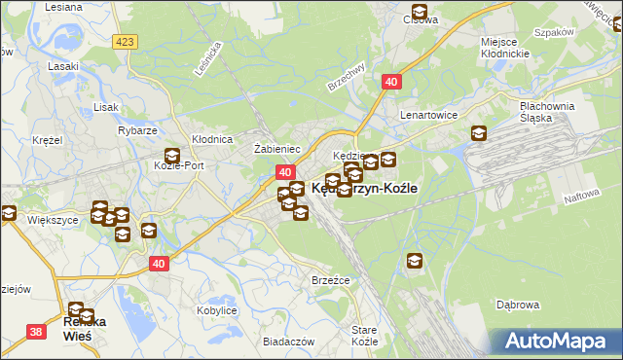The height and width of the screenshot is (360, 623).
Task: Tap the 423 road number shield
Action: tap(124, 42)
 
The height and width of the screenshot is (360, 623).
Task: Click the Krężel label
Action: tap(46, 140)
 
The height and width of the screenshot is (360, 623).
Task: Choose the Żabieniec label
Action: tap(276, 149)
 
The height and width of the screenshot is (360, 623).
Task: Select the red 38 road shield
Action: tap(36, 332)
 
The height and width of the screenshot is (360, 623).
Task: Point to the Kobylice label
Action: tap(217, 310)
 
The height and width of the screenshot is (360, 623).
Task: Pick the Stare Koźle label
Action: tap(364, 337)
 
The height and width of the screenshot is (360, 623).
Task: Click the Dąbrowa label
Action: tap(517, 305)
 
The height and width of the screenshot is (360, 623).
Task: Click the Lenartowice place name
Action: tap(430, 114)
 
